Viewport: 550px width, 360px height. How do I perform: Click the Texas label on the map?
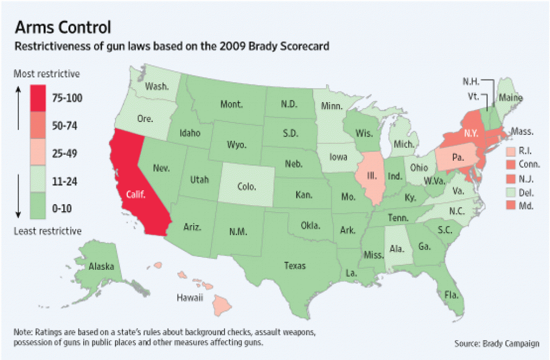click(x=294, y=265)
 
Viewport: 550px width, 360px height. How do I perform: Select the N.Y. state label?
click(x=471, y=133)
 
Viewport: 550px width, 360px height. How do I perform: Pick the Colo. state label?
click(x=246, y=188)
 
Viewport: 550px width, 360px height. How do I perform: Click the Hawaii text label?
click(x=190, y=297)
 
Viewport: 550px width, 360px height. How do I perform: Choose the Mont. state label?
click(x=231, y=105)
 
